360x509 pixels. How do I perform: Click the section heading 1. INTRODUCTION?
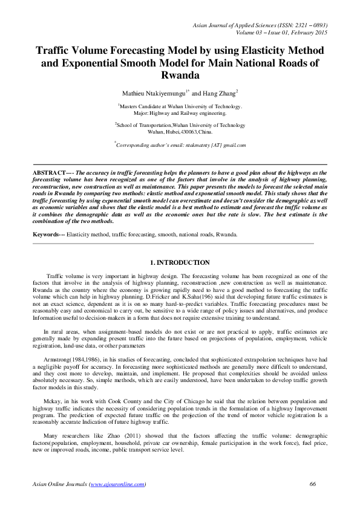pos(179,263)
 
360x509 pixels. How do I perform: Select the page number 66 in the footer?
pos(313,484)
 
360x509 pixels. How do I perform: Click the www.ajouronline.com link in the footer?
pos(117,484)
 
